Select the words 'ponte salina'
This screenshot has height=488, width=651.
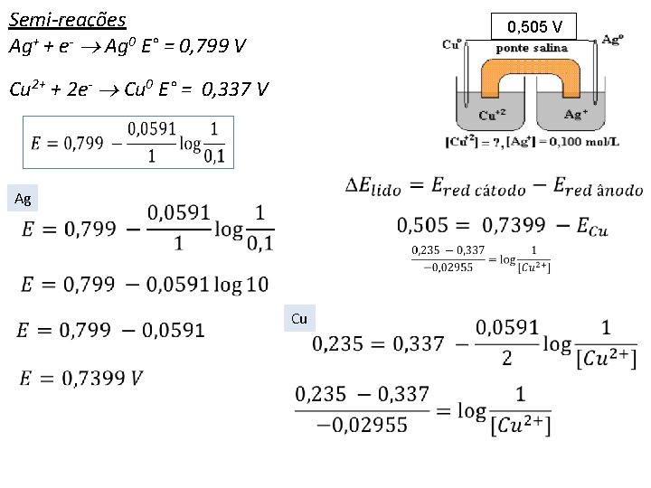533,48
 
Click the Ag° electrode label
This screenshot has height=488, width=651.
611,41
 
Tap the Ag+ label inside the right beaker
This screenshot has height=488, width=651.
576,114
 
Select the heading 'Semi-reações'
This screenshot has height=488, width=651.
67,19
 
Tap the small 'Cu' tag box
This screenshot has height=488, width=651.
299,318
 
